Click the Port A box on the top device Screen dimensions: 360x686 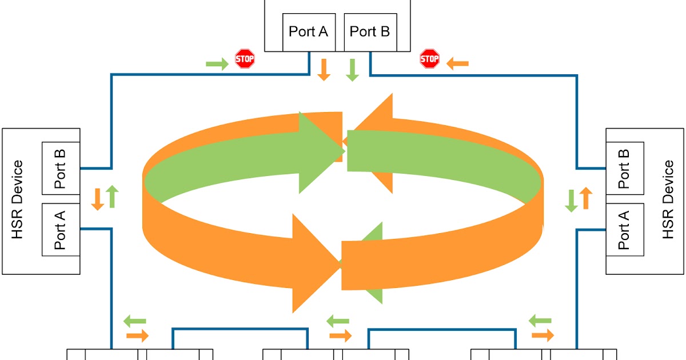pos(308,31)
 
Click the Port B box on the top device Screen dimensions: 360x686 pos(370,31)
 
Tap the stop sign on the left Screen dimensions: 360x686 pos(245,58)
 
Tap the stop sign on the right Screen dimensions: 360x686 pos(429,58)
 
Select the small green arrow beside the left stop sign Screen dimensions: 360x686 pos(217,63)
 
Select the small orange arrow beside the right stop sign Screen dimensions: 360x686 pos(457,63)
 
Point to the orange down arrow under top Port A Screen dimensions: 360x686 pos(324,69)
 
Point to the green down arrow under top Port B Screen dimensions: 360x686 pos(352,69)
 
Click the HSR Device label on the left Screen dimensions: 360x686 pos(18,200)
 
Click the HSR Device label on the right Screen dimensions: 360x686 pos(667,200)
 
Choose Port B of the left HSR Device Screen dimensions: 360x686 pos(61,169)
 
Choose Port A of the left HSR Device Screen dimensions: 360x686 pos(61,230)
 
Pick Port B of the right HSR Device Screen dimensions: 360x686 pos(624,169)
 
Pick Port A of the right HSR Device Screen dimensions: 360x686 pos(624,230)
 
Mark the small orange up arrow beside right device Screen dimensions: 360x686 pos(585,198)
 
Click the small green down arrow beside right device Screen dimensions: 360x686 pos(571,201)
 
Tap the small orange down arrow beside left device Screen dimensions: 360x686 pos(98,198)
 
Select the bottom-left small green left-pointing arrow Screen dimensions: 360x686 pos(135,321)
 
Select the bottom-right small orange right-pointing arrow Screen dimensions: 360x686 pos(543,335)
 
